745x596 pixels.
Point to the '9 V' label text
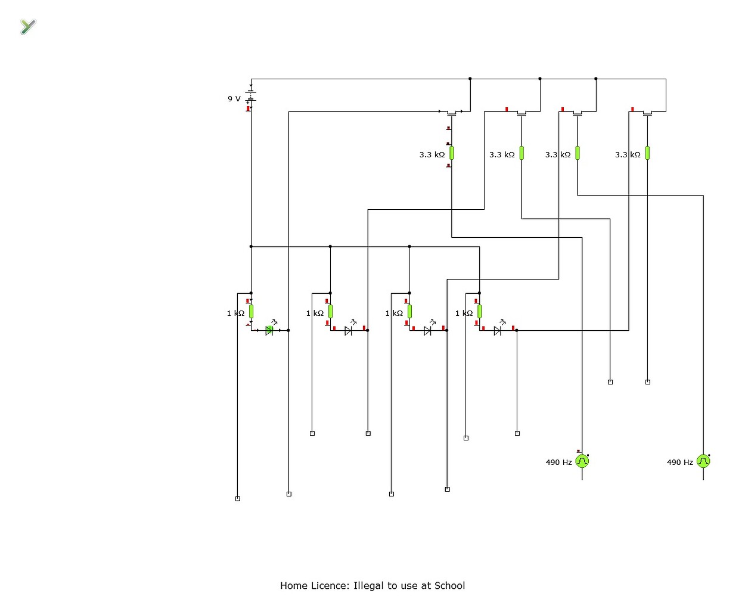point(234,99)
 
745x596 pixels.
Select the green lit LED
point(269,330)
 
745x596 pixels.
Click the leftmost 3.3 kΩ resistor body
point(452,153)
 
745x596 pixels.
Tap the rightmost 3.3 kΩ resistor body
point(647,153)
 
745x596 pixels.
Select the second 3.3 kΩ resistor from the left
point(521,153)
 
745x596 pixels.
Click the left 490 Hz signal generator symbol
point(582,461)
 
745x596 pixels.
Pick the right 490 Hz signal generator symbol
point(703,461)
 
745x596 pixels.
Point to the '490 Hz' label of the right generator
point(679,462)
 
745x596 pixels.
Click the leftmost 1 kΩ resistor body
point(251,311)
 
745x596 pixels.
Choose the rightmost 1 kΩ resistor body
point(479,311)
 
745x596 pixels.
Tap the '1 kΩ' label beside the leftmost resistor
point(235,313)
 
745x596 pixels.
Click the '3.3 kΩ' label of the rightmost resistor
point(628,155)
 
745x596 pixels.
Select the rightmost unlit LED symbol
point(498,331)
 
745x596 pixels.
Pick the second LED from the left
point(349,331)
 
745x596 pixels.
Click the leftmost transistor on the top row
point(452,112)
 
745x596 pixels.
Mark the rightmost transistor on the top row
point(647,112)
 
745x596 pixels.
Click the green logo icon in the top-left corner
point(28,26)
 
